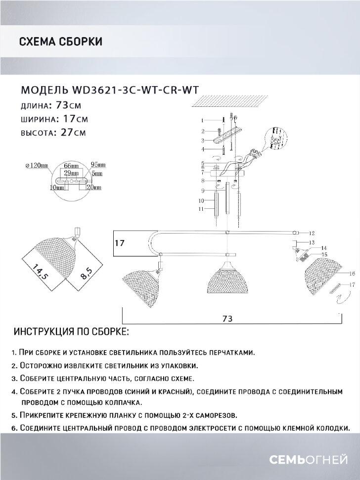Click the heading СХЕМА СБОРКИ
pyautogui.click(x=60, y=42)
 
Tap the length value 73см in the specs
pyautogui.click(x=67, y=105)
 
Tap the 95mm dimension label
pyautogui.click(x=99, y=165)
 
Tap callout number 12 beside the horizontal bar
pyautogui.click(x=312, y=232)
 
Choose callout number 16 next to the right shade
pyautogui.click(x=339, y=273)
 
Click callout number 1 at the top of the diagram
pyautogui.click(x=202, y=120)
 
